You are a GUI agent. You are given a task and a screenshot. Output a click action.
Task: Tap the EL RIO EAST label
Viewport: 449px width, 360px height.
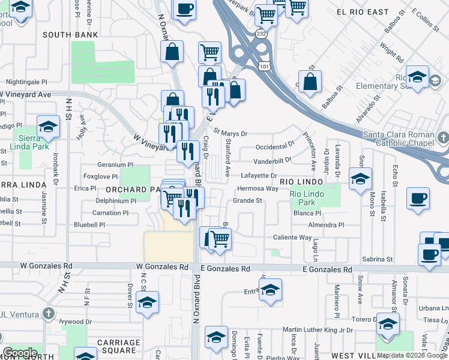[362, 12]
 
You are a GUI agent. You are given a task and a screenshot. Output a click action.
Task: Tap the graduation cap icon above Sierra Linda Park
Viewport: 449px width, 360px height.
[48, 127]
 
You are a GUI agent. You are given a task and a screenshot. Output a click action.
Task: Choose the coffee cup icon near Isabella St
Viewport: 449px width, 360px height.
[418, 198]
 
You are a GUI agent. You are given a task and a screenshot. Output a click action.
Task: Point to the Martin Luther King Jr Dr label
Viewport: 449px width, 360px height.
[318, 329]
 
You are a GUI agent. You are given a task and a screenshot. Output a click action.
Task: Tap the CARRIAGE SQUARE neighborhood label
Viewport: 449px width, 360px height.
[118, 346]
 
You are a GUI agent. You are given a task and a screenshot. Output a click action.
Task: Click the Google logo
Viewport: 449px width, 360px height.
[20, 353]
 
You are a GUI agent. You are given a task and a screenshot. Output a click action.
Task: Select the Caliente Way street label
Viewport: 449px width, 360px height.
[292, 238]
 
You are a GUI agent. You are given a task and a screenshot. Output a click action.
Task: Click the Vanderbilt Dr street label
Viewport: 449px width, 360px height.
[272, 160]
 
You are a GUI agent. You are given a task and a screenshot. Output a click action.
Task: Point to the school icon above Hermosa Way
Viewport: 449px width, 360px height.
[360, 179]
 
